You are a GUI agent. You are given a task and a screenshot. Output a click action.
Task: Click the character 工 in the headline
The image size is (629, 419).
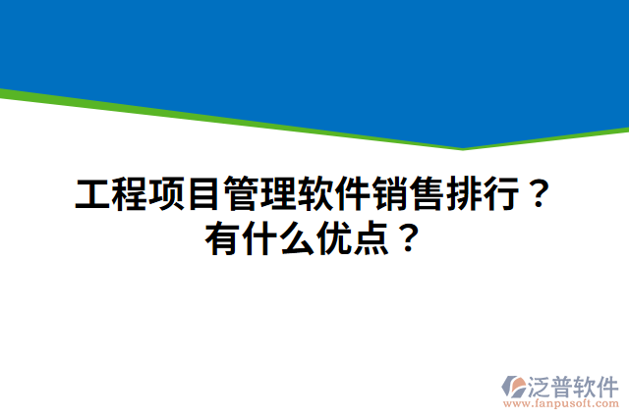[93, 195]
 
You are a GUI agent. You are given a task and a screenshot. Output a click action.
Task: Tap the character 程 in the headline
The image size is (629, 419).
[130, 195]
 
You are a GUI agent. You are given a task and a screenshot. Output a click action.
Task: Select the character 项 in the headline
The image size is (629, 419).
[167, 195]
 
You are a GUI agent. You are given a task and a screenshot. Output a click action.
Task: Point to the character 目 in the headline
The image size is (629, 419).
[203, 195]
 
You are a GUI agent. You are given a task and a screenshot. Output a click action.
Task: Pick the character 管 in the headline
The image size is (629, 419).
[241, 195]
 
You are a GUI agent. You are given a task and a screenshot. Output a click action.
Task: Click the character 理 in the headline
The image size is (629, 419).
[277, 195]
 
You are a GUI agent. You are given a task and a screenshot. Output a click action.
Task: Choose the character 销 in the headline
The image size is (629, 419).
[387, 195]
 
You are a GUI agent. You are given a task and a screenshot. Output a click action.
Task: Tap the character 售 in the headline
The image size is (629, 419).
[425, 195]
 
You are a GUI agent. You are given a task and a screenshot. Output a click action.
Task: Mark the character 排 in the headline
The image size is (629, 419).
[461, 195]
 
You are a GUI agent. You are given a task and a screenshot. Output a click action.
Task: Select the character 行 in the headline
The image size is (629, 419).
[498, 195]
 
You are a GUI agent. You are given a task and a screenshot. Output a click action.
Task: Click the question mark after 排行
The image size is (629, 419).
[535, 195]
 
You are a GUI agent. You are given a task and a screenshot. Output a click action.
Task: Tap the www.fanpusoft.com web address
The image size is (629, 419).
[560, 403]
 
